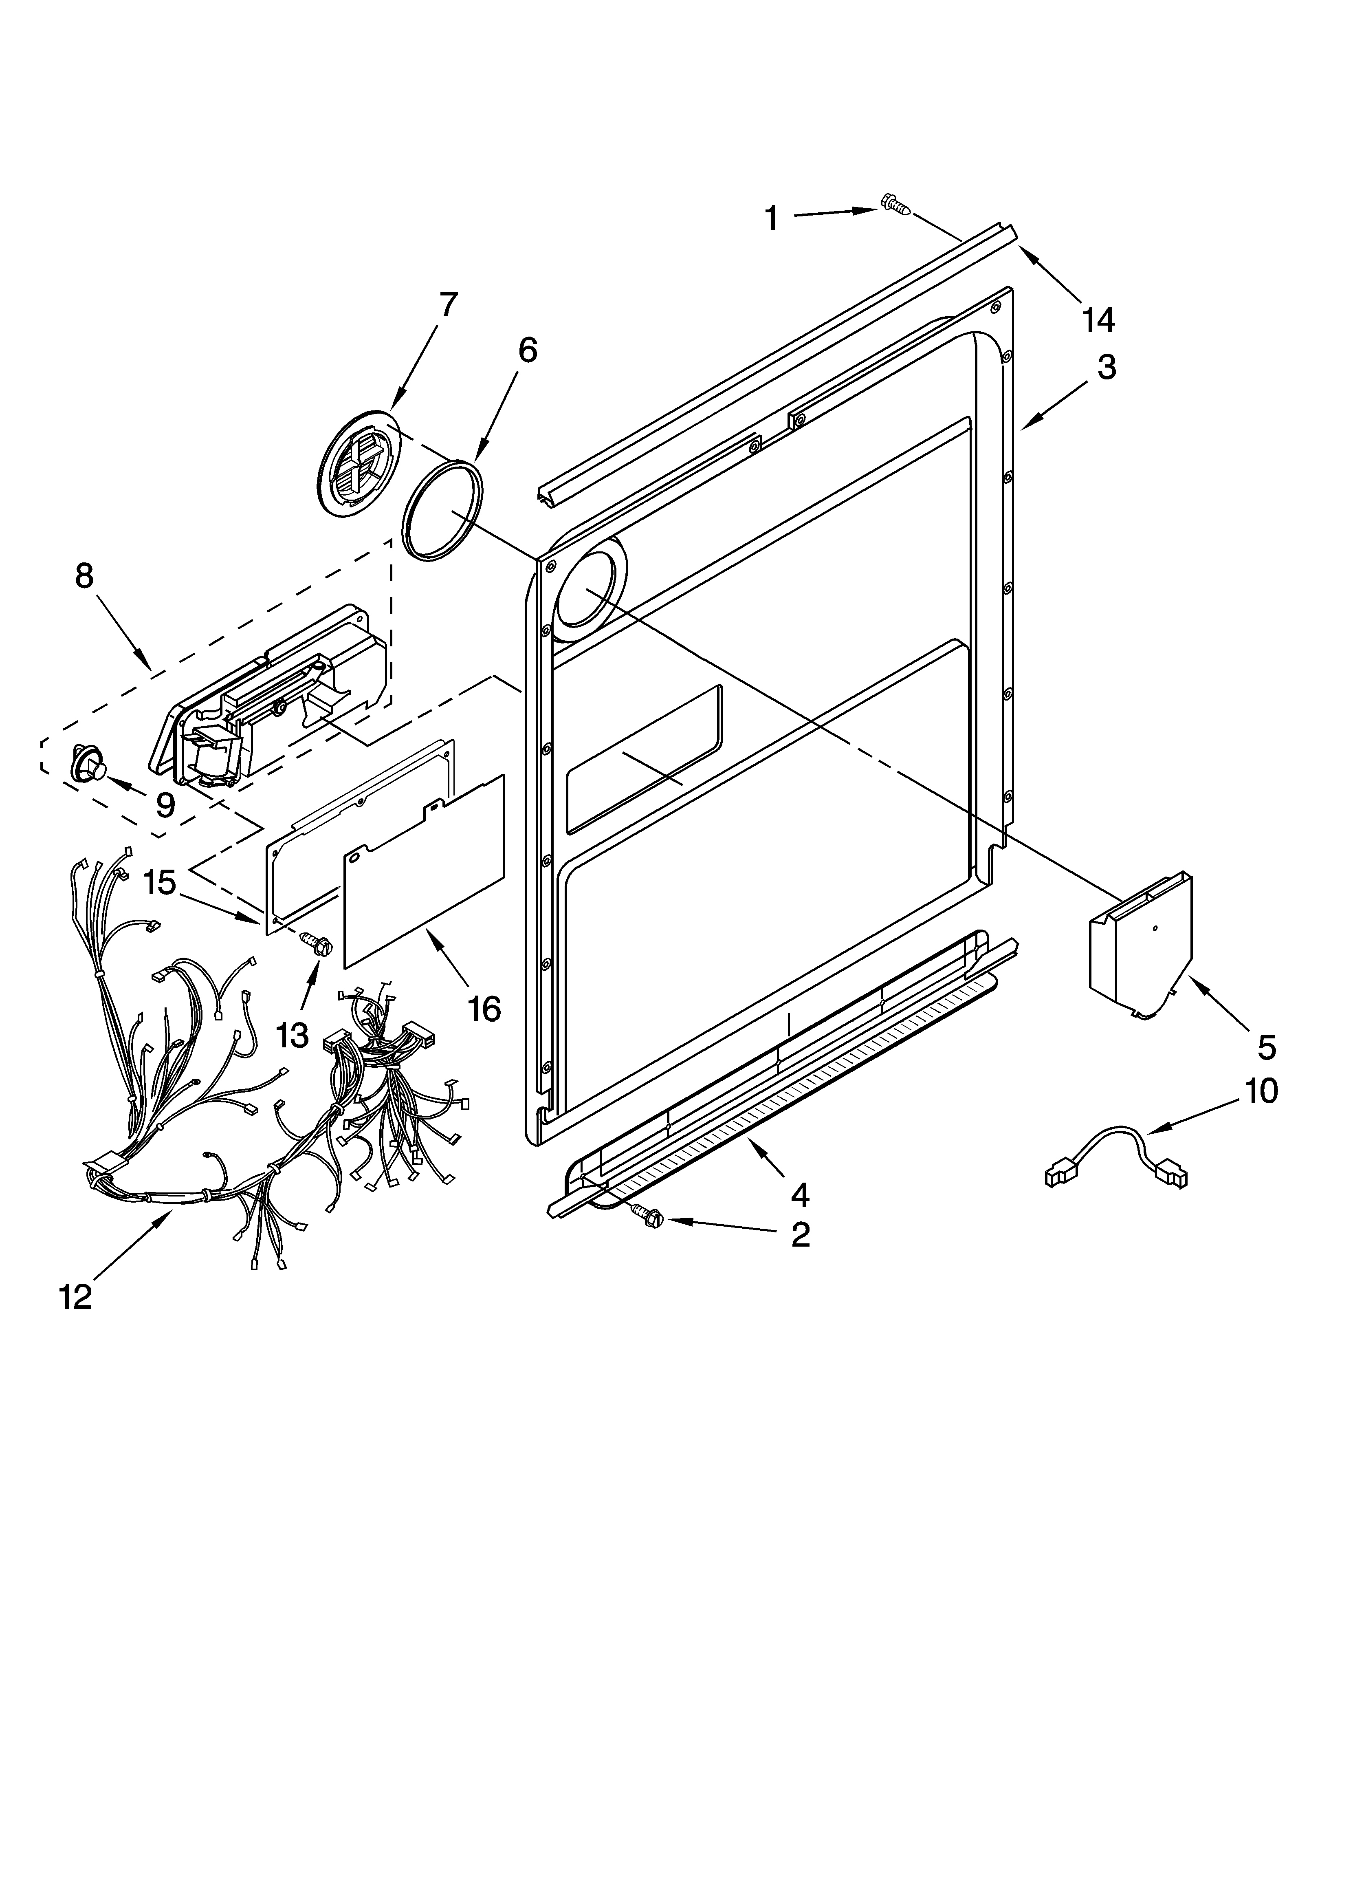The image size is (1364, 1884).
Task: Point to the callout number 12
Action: tap(76, 1296)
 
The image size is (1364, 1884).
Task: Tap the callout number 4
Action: tap(799, 1194)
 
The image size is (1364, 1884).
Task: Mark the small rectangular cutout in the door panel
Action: tap(644, 758)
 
